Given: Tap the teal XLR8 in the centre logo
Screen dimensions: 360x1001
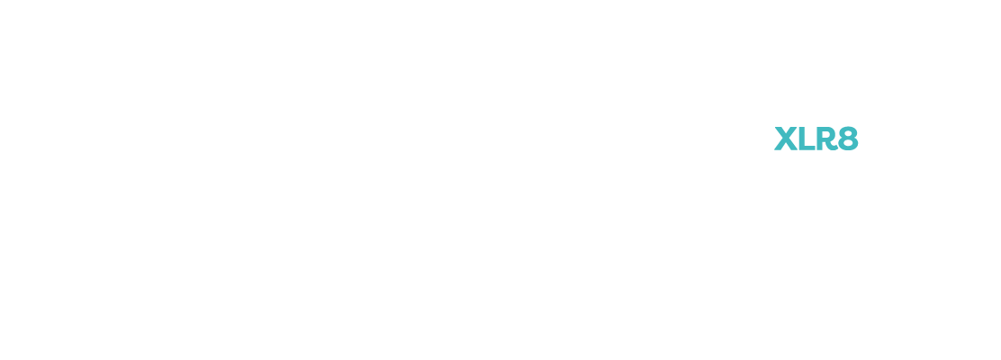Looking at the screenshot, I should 816,139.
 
